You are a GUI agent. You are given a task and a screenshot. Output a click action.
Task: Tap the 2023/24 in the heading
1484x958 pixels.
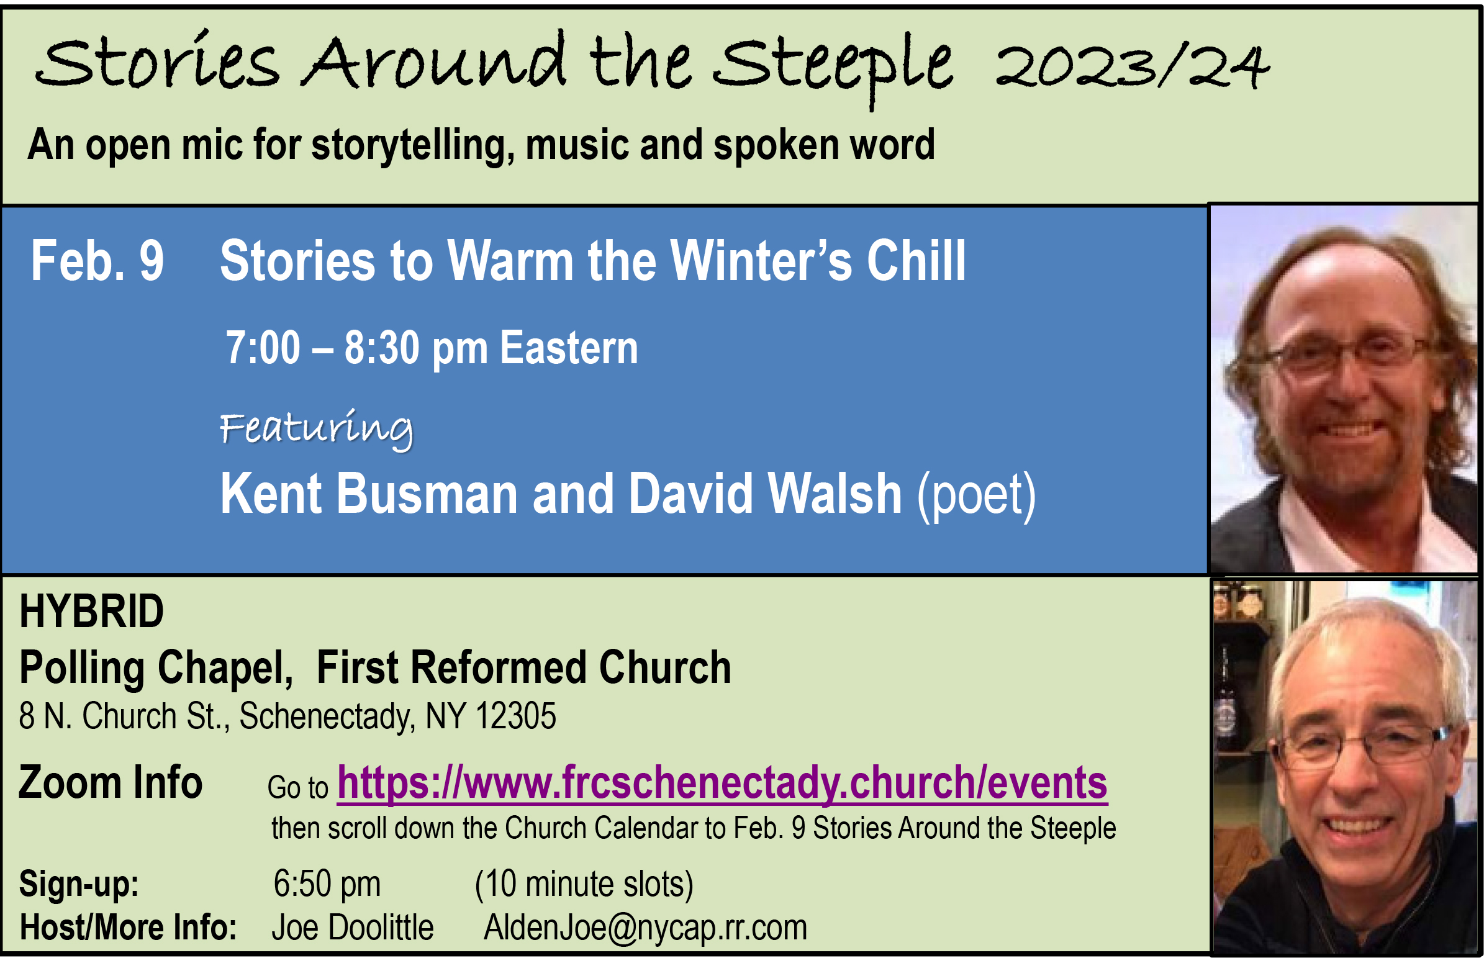(1131, 66)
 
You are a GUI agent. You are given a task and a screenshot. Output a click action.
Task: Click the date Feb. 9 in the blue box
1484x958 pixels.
(97, 261)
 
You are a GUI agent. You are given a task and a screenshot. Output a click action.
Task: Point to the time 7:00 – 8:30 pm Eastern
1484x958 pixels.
(432, 348)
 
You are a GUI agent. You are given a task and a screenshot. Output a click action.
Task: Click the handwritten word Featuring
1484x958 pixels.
(317, 428)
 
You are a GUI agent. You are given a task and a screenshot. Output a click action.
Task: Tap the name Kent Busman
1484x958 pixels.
(369, 494)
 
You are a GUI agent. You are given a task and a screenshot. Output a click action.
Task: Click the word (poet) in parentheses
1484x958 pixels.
(977, 496)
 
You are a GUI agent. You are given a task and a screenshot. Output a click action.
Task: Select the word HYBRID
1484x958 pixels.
(91, 611)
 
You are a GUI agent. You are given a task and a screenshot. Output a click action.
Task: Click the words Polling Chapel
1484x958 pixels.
(156, 667)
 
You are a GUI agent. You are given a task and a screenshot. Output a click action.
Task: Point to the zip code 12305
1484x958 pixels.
(515, 715)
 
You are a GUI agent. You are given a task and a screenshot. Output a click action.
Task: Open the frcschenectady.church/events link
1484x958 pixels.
(722, 782)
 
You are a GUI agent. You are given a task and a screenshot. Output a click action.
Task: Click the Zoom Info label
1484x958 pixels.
(111, 782)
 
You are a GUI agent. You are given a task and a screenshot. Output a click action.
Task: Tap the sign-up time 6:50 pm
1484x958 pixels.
(327, 884)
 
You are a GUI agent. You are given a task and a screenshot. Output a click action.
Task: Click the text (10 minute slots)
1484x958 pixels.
(584, 884)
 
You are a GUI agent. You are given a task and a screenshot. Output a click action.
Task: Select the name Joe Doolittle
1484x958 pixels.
(353, 928)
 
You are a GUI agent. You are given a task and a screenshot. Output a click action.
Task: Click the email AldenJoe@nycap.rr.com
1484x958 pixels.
(646, 928)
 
